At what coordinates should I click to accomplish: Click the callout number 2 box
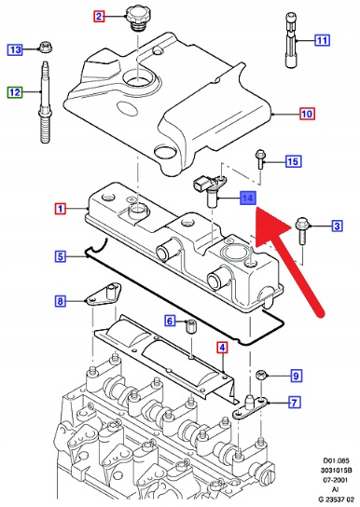click(99, 16)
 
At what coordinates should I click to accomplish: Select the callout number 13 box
click(15, 49)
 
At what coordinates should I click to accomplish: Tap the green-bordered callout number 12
click(15, 92)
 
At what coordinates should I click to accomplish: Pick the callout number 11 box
click(322, 40)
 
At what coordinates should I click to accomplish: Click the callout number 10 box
click(307, 114)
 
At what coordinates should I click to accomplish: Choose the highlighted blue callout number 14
click(248, 198)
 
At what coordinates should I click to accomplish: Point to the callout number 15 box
click(294, 161)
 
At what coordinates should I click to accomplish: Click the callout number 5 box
click(61, 256)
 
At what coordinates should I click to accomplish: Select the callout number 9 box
click(296, 376)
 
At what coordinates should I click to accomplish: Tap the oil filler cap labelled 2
click(134, 19)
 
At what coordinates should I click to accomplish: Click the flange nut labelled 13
click(46, 48)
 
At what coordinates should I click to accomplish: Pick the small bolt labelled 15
click(260, 159)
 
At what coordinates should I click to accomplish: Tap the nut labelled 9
click(261, 376)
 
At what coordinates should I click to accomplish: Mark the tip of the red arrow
click(256, 209)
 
